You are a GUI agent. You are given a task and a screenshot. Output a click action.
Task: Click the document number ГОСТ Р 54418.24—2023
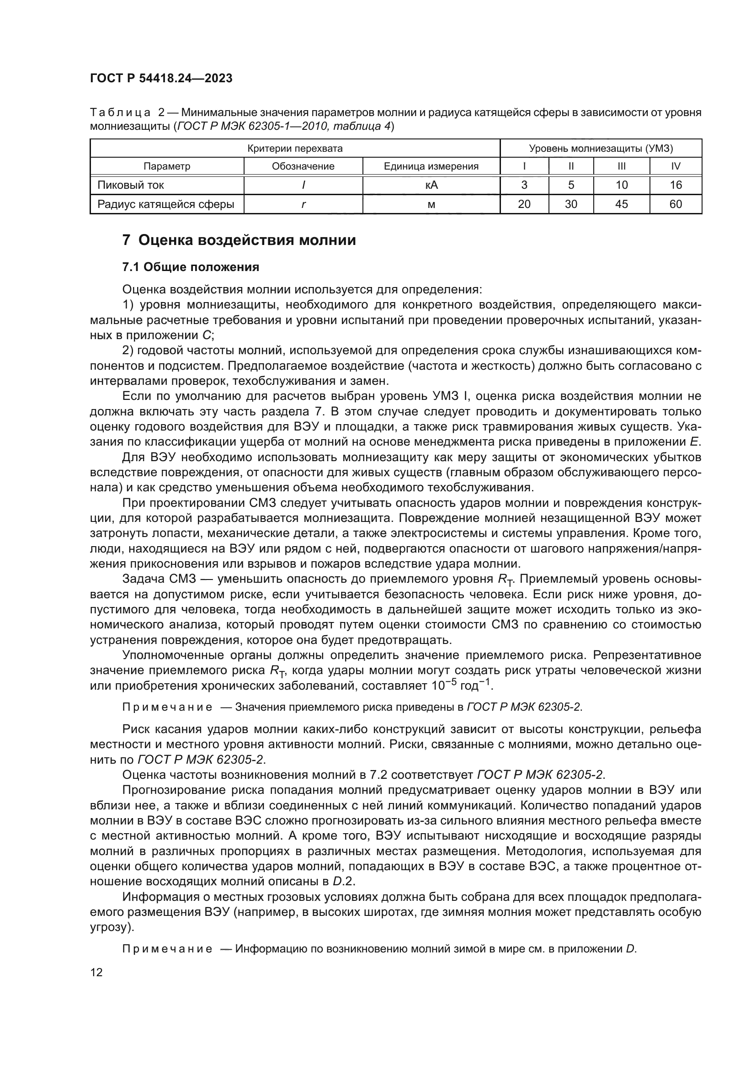coord(161,78)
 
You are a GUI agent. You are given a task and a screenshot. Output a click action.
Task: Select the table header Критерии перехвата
coord(295,149)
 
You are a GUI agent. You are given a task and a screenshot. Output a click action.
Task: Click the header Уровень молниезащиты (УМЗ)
coord(601,149)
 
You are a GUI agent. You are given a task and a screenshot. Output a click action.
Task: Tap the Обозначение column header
coord(303,166)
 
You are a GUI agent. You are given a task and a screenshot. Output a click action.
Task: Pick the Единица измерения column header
coord(431,166)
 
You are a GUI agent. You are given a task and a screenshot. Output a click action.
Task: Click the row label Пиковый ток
coord(131,185)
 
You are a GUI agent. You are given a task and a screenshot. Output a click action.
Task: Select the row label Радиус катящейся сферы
coord(166,204)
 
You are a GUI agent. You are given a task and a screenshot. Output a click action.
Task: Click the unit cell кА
coord(431,185)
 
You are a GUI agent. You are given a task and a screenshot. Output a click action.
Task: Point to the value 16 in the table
coord(676,185)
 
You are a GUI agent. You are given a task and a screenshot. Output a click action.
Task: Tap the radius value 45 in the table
coord(621,204)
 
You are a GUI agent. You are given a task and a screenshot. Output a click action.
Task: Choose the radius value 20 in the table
coord(524,204)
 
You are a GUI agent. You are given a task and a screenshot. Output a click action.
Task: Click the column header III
coord(621,166)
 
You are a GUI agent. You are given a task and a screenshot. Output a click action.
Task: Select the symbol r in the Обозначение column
coord(303,204)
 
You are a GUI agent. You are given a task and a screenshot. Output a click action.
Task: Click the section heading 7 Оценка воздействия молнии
coord(239,240)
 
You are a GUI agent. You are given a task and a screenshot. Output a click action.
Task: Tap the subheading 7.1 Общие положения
coord(191,267)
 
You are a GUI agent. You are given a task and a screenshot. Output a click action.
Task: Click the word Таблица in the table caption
coord(120,113)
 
